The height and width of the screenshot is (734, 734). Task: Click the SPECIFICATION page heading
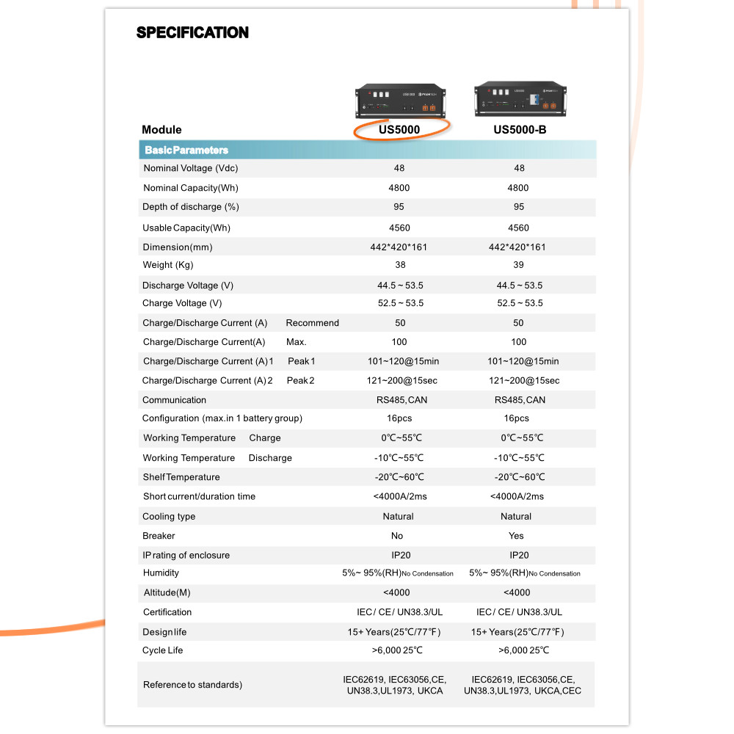[192, 33]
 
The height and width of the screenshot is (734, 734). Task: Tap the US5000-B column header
[519, 130]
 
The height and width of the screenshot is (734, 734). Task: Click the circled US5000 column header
[399, 130]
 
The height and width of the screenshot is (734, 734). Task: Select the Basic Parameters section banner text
[186, 150]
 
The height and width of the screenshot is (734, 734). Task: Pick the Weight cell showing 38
[399, 265]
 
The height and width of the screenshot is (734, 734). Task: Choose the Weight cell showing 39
[518, 265]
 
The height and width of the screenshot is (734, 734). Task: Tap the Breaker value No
[397, 536]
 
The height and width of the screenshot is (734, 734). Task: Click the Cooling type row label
[169, 517]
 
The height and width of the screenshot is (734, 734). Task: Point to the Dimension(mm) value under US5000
[399, 247]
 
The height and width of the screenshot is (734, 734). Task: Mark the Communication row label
[174, 400]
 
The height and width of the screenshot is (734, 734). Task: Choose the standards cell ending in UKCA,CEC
[522, 686]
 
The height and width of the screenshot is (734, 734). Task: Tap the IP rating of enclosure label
[186, 556]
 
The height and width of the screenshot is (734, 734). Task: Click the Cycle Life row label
[163, 650]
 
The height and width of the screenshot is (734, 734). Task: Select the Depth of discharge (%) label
[191, 207]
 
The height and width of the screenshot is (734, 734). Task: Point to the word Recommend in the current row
[313, 323]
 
